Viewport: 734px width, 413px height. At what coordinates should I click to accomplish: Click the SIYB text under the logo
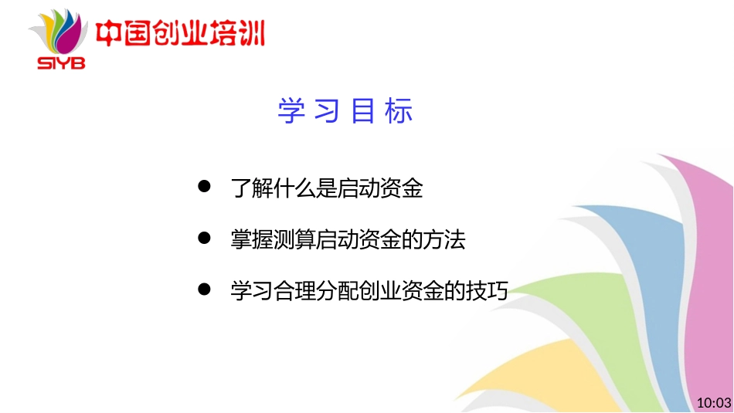pyautogui.click(x=63, y=62)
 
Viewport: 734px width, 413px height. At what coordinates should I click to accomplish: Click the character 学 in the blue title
pyautogui.click(x=289, y=111)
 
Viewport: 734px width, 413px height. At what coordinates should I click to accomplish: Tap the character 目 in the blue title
pyautogui.click(x=362, y=111)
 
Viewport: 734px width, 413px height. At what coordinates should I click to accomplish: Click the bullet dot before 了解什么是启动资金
pyautogui.click(x=205, y=187)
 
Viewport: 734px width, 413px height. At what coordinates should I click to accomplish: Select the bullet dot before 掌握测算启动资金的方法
pyautogui.click(x=205, y=239)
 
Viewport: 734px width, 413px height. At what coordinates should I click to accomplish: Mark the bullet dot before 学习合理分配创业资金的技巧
pyautogui.click(x=205, y=289)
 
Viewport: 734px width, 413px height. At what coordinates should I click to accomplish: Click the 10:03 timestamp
pyautogui.click(x=713, y=402)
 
